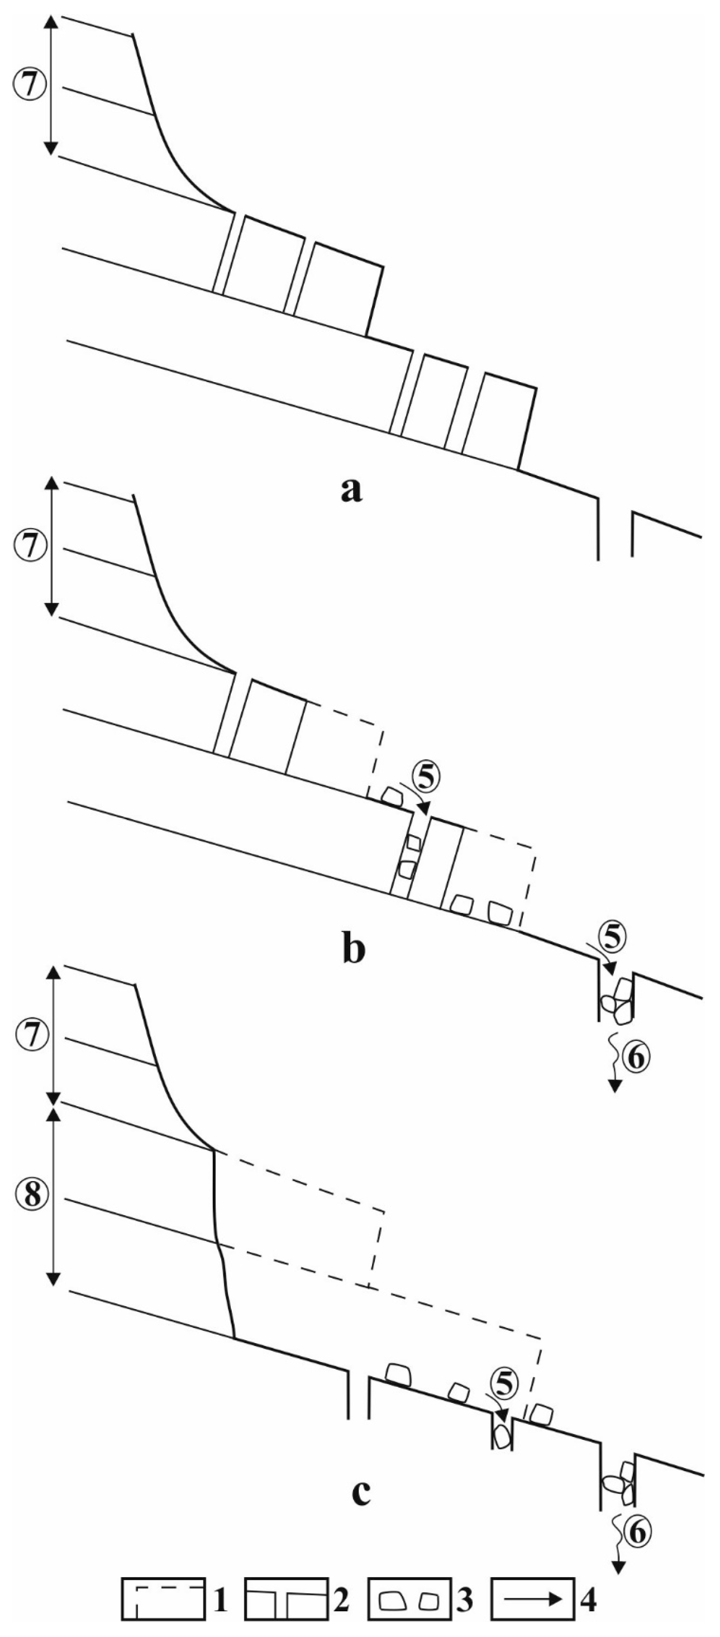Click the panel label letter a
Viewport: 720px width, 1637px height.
(x=351, y=489)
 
